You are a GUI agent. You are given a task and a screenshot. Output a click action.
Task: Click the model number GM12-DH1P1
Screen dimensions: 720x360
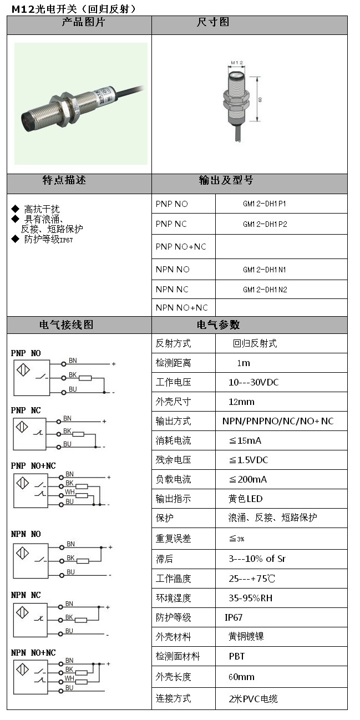pos(265,204)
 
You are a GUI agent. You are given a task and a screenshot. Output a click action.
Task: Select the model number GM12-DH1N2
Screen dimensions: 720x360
pos(265,290)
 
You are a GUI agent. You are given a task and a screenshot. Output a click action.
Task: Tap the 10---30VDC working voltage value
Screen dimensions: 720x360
pos(253,382)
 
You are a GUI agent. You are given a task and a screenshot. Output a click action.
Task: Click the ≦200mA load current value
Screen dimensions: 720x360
pos(248,479)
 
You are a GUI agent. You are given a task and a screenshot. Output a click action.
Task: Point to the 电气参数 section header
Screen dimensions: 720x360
pos(218,325)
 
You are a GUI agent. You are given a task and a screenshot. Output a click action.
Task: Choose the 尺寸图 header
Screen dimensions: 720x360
pos(213,23)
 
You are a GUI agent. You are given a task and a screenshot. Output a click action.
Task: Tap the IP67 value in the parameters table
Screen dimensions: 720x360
pos(234,617)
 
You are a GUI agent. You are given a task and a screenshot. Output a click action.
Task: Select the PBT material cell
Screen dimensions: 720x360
pos(237,656)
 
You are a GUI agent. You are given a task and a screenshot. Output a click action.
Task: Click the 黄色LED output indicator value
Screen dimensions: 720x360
pos(246,499)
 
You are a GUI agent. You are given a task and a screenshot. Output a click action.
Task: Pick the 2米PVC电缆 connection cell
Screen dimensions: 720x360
pos(253,698)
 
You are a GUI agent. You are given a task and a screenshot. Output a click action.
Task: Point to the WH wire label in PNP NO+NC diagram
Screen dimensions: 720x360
pos(69,492)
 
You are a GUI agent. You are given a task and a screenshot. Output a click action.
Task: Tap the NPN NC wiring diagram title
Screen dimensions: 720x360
pos(26,595)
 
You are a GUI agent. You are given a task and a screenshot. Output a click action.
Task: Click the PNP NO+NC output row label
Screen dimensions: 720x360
pos(181,246)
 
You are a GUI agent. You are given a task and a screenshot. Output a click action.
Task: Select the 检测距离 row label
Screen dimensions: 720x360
pos(173,363)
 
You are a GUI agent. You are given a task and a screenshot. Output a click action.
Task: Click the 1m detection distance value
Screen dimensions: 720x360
pos(244,363)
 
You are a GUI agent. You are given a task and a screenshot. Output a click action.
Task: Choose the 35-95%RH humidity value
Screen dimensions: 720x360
pos(250,598)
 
